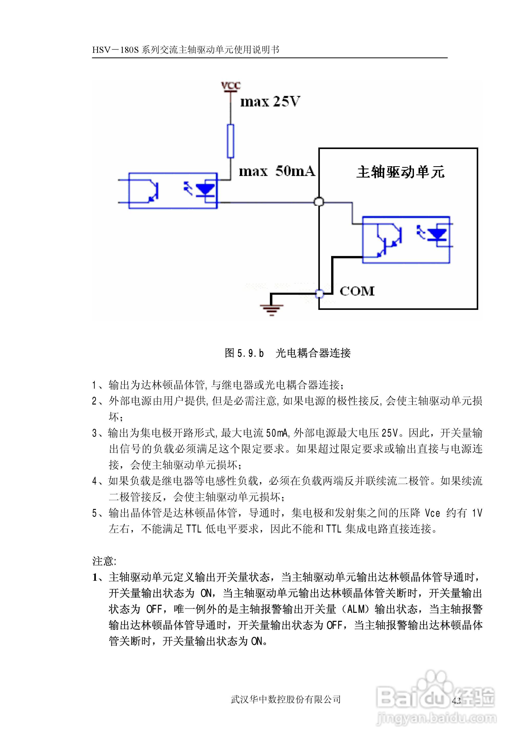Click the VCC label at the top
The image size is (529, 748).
231,86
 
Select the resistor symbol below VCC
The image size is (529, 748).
231,141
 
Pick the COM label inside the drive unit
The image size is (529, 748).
357,291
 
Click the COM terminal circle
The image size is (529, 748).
320,294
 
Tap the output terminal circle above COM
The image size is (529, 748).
319,202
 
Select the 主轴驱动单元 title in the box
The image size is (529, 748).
400,172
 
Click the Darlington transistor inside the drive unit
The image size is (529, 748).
389,240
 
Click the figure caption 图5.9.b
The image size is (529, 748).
244,353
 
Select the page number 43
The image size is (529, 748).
456,700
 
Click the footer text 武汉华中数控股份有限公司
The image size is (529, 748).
286,699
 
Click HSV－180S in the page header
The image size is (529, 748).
116,50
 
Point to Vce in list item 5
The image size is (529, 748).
433,513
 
